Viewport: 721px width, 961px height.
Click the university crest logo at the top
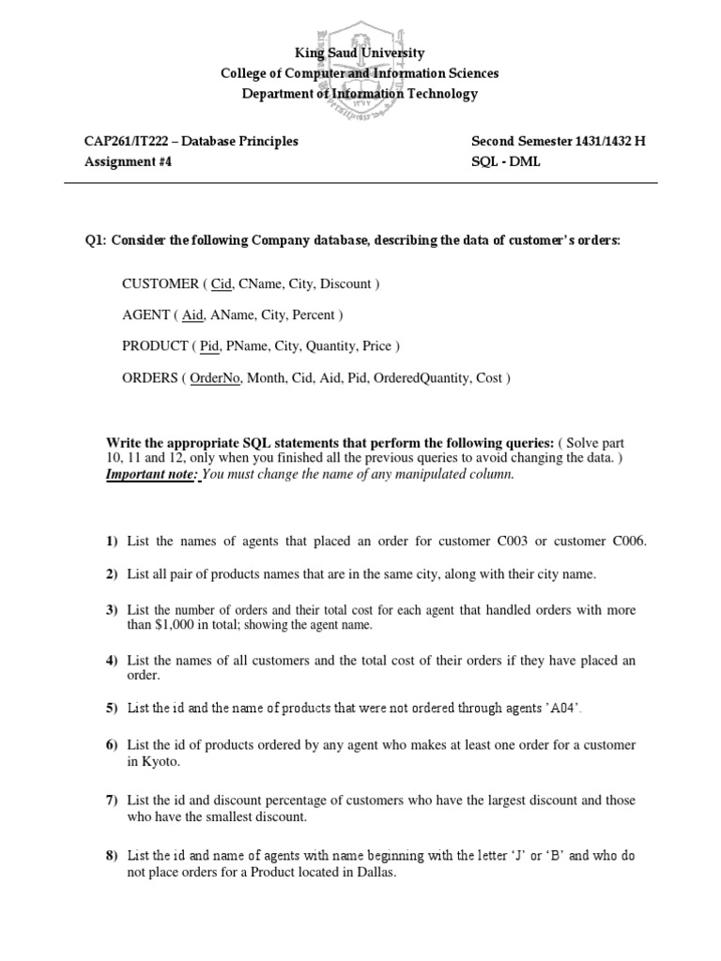(x=361, y=62)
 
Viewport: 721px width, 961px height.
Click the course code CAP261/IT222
(x=127, y=142)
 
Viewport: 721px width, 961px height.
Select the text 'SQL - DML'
(x=506, y=161)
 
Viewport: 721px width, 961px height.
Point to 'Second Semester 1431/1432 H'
(x=559, y=142)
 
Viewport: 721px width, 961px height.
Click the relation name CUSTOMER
(x=158, y=282)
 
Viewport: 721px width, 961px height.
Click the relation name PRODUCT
(x=155, y=346)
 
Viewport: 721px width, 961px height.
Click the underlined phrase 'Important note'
(x=149, y=475)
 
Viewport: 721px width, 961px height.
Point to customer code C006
(x=629, y=542)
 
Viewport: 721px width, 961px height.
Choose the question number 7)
(x=112, y=800)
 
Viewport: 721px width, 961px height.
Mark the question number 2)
(x=112, y=573)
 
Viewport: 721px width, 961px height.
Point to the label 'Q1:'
(x=96, y=240)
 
